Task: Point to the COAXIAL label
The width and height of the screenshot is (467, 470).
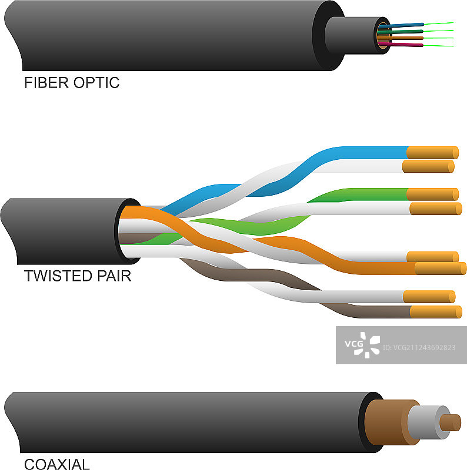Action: [x=57, y=464]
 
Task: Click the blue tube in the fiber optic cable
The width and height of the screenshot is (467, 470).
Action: [x=406, y=25]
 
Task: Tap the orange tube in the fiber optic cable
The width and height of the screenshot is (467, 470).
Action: [x=406, y=38]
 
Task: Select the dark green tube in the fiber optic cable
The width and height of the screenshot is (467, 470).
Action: [x=406, y=31]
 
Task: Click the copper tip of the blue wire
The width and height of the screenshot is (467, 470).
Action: [x=433, y=152]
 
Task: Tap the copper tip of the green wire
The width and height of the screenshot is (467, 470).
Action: [x=432, y=194]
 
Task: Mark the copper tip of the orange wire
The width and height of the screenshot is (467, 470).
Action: [x=440, y=268]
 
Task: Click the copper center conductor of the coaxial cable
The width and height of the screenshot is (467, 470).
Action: [x=451, y=422]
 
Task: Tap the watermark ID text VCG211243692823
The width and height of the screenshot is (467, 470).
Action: [x=419, y=348]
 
